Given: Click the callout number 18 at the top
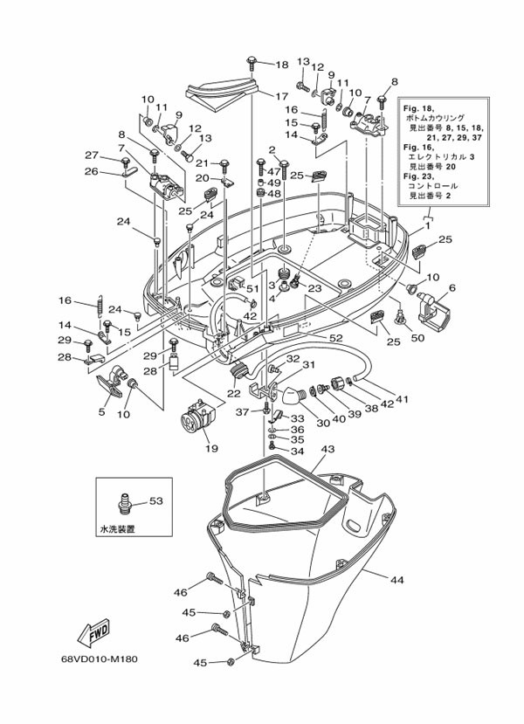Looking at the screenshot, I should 281,66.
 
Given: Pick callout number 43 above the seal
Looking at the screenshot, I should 327,450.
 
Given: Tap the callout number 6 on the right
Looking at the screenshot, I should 452,287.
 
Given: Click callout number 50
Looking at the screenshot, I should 417,337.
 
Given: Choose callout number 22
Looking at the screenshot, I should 233,392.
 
